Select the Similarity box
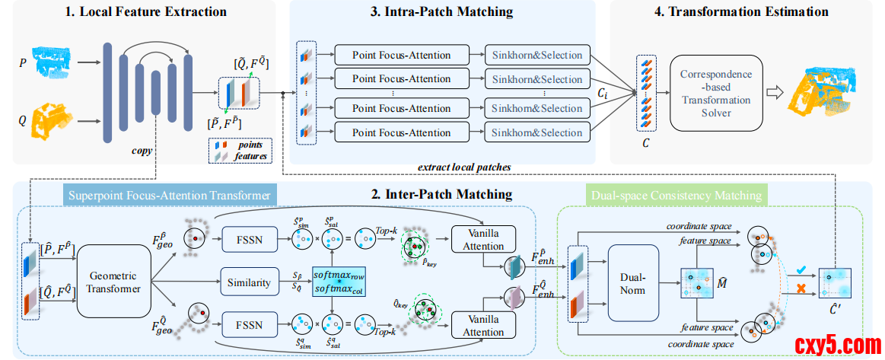tap(250, 283)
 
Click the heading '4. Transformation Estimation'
tap(742, 11)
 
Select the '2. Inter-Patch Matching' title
tap(441, 195)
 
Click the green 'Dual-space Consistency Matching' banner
tap(676, 196)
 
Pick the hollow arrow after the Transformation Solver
tap(775, 91)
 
